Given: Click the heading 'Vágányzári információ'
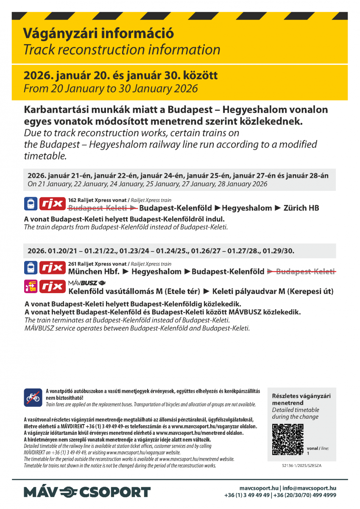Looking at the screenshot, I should coord(98,33).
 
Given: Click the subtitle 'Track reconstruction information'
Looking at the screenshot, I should coord(122,50).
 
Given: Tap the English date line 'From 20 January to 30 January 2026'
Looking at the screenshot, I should coord(111,89).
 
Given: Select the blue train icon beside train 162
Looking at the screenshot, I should coord(31,204).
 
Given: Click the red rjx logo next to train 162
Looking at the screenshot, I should coord(53,204).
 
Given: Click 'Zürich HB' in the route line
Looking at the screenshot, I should coord(301,208).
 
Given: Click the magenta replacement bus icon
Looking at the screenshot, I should coord(31,287).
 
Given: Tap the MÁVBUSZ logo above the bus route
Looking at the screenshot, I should coord(87,283).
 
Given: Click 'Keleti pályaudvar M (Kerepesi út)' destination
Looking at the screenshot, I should coord(273,291).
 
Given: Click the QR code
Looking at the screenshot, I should coord(287,439).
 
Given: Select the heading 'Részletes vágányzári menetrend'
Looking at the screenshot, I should coord(301,399).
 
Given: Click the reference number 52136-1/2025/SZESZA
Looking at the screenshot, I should coord(301,465).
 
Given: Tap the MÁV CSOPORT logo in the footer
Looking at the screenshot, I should coord(87,492).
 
